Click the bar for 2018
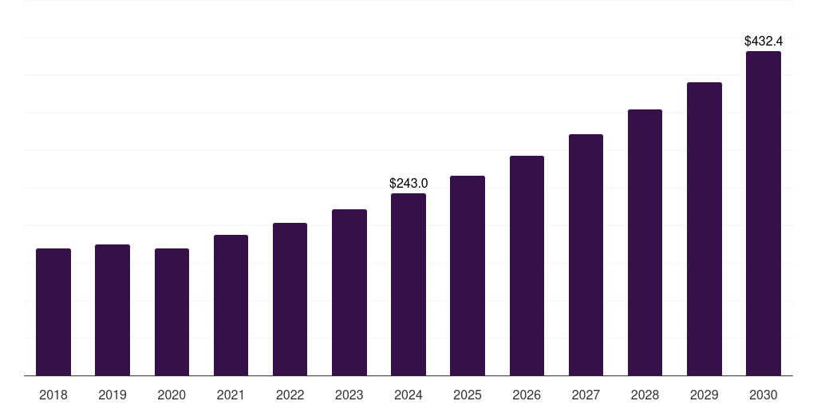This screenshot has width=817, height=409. click(53, 312)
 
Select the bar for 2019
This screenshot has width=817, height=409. click(112, 310)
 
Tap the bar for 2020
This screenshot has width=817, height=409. click(172, 312)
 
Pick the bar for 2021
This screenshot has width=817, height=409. click(231, 305)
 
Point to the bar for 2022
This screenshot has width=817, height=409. click(290, 300)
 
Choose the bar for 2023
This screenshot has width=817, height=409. click(349, 292)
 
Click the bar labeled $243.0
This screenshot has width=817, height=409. click(408, 284)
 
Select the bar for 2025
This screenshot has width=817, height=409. click(468, 276)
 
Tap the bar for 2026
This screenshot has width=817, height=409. click(527, 266)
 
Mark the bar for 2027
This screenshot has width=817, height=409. click(586, 255)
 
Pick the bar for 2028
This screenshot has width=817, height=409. click(645, 243)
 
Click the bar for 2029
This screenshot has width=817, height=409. click(704, 229)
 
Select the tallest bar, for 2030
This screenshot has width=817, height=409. click(763, 213)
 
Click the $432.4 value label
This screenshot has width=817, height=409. click(763, 40)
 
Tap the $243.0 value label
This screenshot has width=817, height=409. click(408, 183)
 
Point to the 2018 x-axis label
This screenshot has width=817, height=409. click(53, 395)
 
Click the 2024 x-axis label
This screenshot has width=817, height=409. click(408, 395)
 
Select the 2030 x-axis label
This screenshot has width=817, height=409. click(763, 395)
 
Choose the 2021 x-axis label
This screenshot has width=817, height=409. click(231, 395)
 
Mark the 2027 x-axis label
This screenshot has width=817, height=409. click(586, 395)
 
